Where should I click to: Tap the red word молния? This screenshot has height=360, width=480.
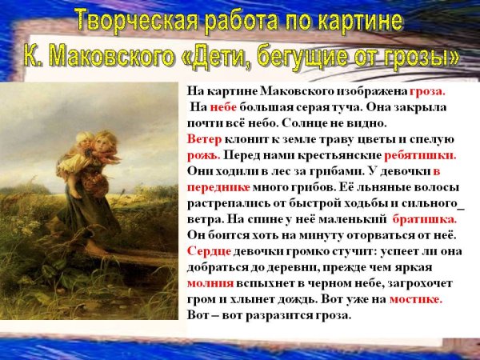[x=210, y=282]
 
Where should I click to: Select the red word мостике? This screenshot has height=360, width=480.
[x=416, y=298]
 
